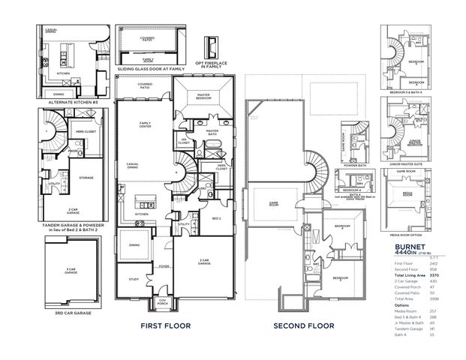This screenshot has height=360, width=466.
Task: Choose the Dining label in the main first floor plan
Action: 134,244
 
